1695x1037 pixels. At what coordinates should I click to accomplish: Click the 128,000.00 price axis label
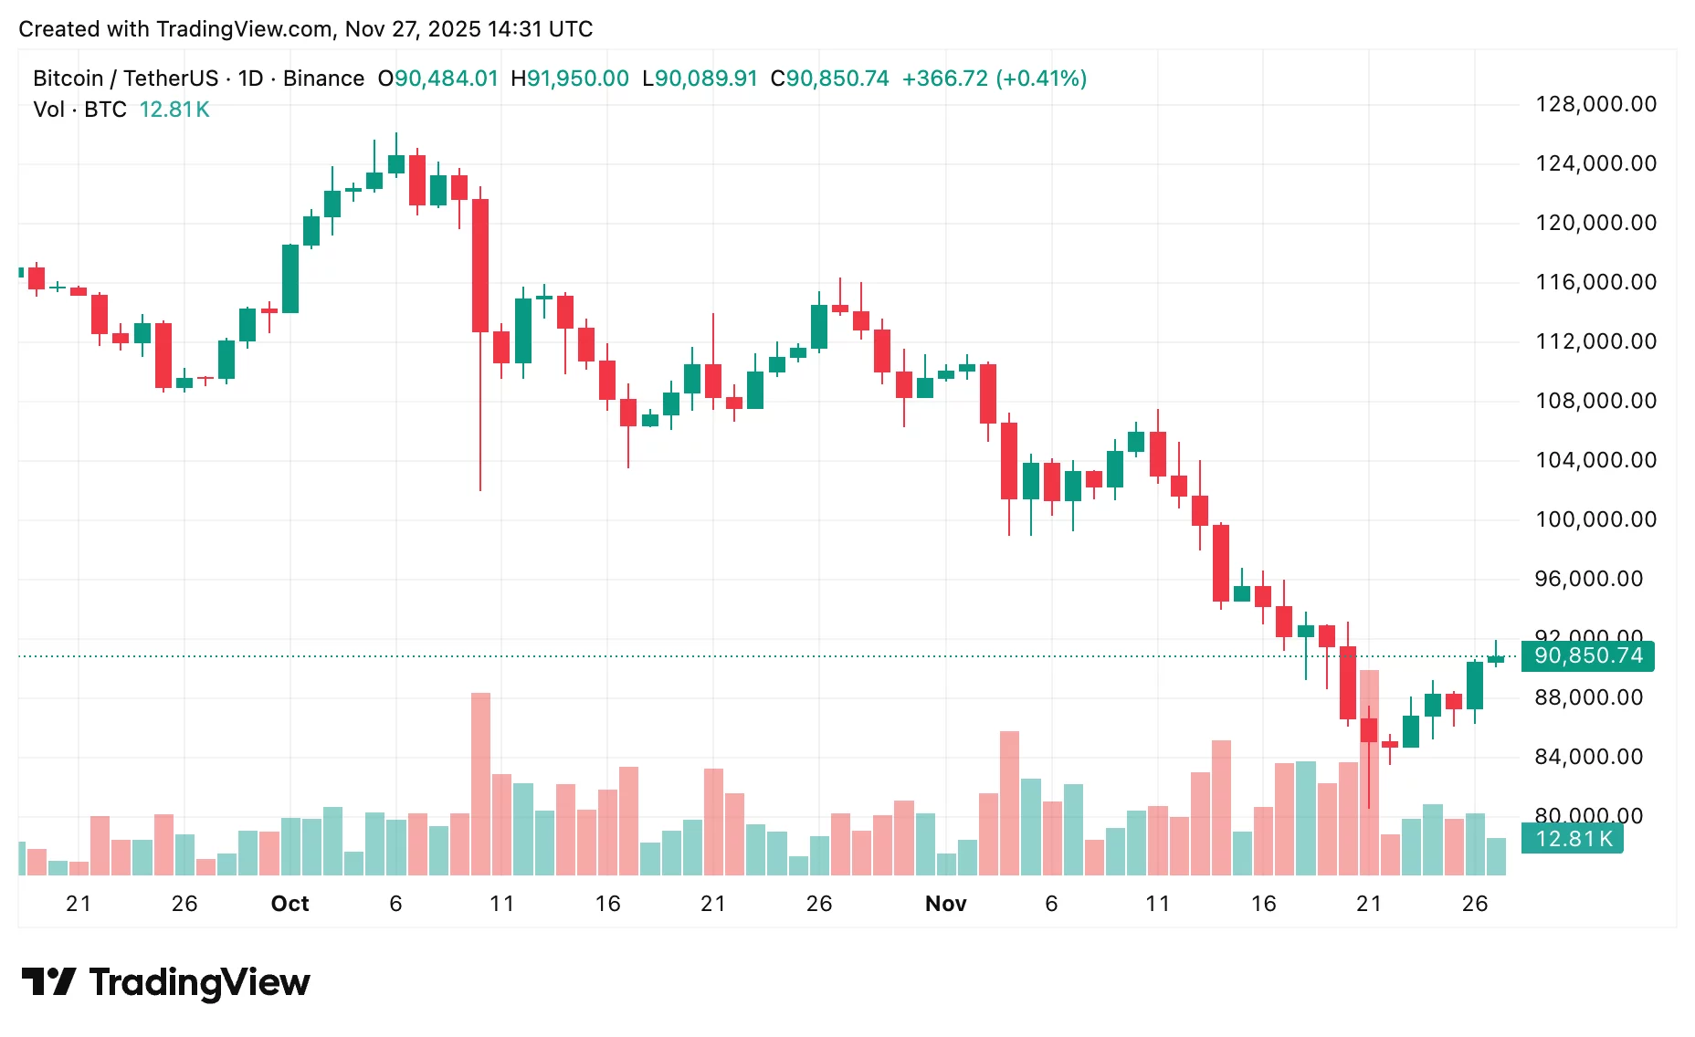[x=1595, y=104]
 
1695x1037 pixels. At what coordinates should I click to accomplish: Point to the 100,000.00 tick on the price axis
[x=1595, y=519]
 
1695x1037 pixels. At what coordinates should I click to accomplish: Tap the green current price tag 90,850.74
[x=1587, y=655]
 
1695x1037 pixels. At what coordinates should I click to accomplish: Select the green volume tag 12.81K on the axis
[x=1573, y=839]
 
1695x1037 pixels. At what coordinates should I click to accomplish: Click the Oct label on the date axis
[x=290, y=904]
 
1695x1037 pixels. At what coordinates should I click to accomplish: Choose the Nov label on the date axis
[x=945, y=904]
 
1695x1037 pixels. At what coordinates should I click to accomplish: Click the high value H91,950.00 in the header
[x=569, y=79]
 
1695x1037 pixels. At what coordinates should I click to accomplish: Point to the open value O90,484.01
[x=437, y=79]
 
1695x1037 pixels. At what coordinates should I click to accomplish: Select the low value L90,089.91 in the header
[x=700, y=79]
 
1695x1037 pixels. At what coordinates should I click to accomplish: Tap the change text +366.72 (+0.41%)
[x=994, y=79]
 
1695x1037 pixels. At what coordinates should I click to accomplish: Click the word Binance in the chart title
[x=323, y=79]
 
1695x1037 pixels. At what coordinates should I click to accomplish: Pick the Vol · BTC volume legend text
[x=79, y=110]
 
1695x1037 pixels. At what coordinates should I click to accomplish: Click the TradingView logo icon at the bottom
[x=47, y=982]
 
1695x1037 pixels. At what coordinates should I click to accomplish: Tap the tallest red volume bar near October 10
[x=480, y=785]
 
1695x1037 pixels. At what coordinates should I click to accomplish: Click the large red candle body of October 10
[x=480, y=265]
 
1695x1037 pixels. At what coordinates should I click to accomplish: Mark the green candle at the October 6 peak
[x=395, y=164]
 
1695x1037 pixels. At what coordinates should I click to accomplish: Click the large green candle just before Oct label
[x=290, y=278]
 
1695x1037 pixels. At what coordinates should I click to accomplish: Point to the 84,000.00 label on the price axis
[x=1588, y=757]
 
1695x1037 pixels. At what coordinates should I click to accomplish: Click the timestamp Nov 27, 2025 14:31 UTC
[x=468, y=29]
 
